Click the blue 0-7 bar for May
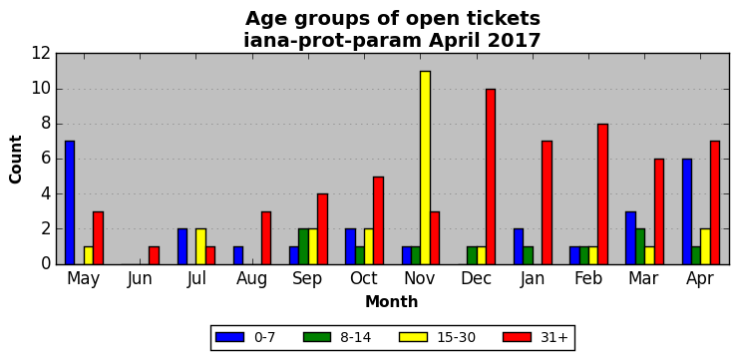[x=70, y=202]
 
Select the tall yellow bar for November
[x=426, y=168]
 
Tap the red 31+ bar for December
[x=491, y=177]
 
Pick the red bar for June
[x=154, y=255]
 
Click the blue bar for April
[x=687, y=211]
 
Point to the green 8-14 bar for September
[x=303, y=246]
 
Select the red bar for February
[x=603, y=193]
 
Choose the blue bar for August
[x=238, y=255]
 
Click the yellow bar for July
[x=201, y=246]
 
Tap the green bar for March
[x=640, y=246]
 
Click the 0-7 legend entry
[x=245, y=337]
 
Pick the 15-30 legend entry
[x=437, y=337]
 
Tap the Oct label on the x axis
[x=364, y=278]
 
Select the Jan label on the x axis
[x=533, y=279]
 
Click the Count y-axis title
[x=16, y=160]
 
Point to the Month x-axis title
[x=392, y=301]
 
